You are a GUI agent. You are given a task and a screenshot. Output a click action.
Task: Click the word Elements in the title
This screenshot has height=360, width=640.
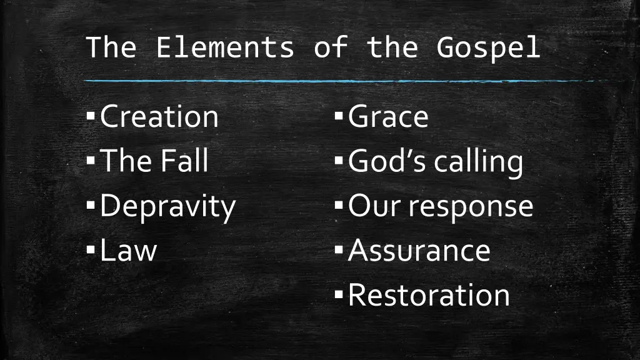point(224,47)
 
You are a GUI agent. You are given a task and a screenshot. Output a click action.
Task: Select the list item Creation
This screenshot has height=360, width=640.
point(159,117)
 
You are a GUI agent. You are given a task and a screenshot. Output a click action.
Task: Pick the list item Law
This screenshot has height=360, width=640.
point(128,250)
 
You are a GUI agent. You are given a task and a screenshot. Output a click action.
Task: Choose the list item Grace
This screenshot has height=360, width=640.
point(388,117)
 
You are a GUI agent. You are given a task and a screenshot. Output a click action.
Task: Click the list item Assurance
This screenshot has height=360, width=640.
point(419,250)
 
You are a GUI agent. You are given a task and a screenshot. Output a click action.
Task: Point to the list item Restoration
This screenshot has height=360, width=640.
point(429,294)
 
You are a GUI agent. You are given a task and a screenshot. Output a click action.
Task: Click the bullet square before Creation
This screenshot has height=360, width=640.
point(91,116)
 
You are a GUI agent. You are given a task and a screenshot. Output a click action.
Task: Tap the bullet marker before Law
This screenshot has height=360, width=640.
point(91,249)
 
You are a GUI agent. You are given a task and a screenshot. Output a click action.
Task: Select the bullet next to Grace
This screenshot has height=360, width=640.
point(339,116)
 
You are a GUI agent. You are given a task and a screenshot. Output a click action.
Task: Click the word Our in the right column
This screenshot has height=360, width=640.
point(369,206)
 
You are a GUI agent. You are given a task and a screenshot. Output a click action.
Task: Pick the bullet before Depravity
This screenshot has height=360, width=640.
point(91,205)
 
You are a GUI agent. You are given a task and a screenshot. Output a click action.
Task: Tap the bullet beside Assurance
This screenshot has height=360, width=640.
point(339,249)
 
